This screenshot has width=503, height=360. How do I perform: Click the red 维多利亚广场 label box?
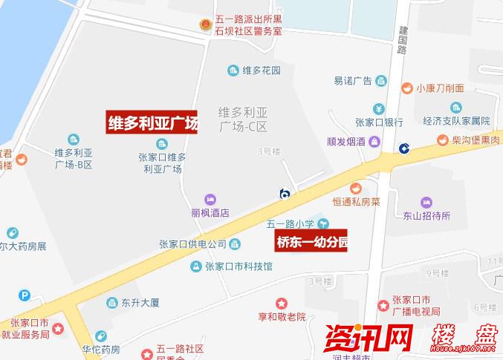(154, 122)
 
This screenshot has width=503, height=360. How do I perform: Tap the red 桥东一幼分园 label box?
(312, 242)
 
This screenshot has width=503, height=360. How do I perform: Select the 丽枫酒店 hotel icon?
(210, 199)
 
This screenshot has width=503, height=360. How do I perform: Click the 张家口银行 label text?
(378, 122)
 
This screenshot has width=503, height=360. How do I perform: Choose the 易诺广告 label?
(352, 81)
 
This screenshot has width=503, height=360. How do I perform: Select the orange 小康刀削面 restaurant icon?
(407, 88)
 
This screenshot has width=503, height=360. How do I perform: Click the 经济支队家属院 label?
(457, 121)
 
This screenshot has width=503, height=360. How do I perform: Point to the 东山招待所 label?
(426, 216)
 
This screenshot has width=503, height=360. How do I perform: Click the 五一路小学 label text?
(291, 223)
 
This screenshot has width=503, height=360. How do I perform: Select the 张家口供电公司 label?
(192, 244)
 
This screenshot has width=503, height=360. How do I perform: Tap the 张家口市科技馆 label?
(238, 266)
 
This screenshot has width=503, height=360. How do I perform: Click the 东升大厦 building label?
(140, 303)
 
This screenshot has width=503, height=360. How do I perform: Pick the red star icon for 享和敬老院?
(282, 304)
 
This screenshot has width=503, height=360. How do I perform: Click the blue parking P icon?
(25, 295)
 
